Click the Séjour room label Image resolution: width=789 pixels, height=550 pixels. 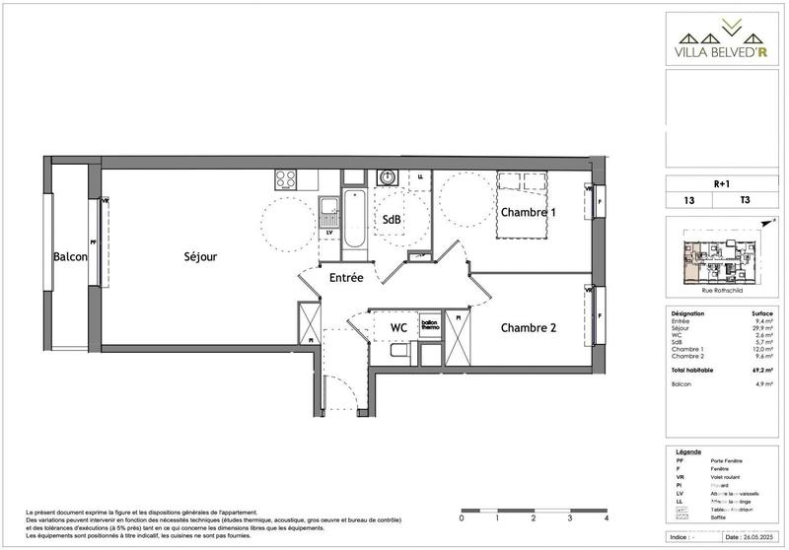[200, 257]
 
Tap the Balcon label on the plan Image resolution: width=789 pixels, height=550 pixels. [71, 257]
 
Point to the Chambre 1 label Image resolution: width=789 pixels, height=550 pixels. [528, 212]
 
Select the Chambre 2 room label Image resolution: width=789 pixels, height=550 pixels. [529, 328]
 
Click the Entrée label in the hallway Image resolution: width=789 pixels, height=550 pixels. [346, 279]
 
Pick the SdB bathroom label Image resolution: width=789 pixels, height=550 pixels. [392, 220]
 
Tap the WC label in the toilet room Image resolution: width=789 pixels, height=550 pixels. [398, 327]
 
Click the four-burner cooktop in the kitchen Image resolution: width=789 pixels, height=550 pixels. [286, 179]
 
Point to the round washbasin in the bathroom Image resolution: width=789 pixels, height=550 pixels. [388, 177]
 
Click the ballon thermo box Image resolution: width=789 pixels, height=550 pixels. [429, 325]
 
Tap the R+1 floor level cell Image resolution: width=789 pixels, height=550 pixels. [722, 183]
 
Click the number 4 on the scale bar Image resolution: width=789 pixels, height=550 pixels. [607, 516]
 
